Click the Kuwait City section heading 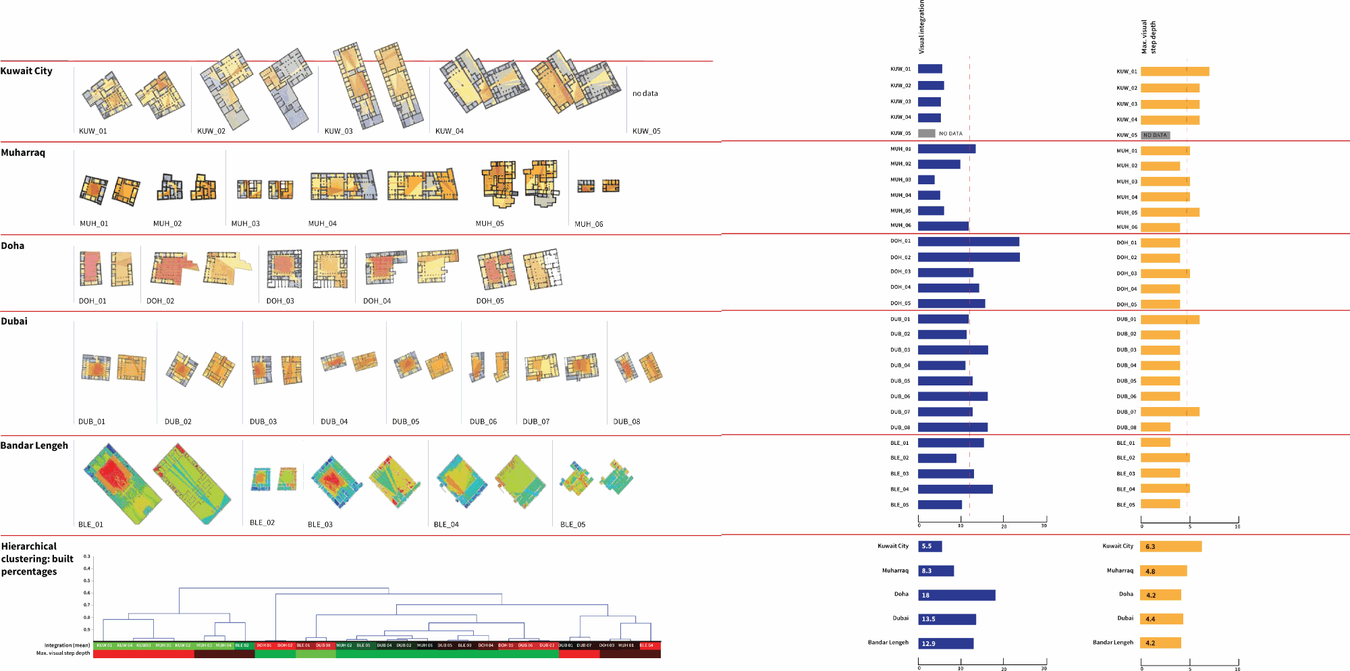(x=26, y=71)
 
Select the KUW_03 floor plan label (x=338, y=131)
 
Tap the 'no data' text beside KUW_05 (x=645, y=94)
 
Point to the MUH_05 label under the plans (x=489, y=223)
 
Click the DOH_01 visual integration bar (x=968, y=242)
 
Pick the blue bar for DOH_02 (x=969, y=257)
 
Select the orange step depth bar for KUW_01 (x=1174, y=72)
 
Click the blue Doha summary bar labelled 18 (x=956, y=595)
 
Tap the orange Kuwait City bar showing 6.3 (x=1171, y=547)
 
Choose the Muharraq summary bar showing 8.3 (x=936, y=571)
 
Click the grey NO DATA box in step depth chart (x=1155, y=135)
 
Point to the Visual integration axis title (x=922, y=27)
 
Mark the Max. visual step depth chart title (x=1148, y=37)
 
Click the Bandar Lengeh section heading (x=34, y=446)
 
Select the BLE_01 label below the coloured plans (x=90, y=525)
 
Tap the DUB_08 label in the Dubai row (x=626, y=421)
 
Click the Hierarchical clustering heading (x=37, y=559)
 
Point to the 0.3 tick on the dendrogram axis (x=86, y=556)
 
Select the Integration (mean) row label (x=67, y=645)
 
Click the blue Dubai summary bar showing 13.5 (x=946, y=619)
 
